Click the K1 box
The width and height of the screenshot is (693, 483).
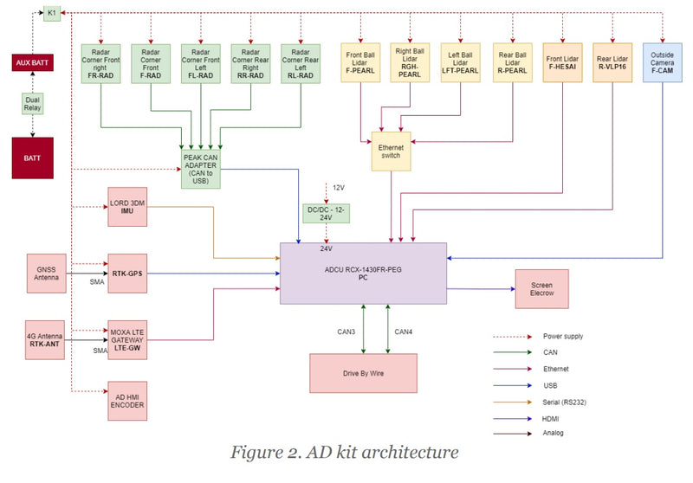coord(52,14)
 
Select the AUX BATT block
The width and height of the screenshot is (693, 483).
coord(33,62)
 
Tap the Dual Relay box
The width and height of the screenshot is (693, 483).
coord(33,104)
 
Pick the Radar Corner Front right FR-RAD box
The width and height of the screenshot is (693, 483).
coord(101,62)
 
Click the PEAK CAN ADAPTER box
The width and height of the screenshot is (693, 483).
coord(196,164)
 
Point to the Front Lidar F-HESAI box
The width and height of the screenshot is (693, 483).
coord(562,62)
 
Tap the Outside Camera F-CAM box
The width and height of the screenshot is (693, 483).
coord(663,62)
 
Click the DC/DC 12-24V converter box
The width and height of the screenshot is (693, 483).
coord(326,214)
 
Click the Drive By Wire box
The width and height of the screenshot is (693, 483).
coord(363,373)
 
